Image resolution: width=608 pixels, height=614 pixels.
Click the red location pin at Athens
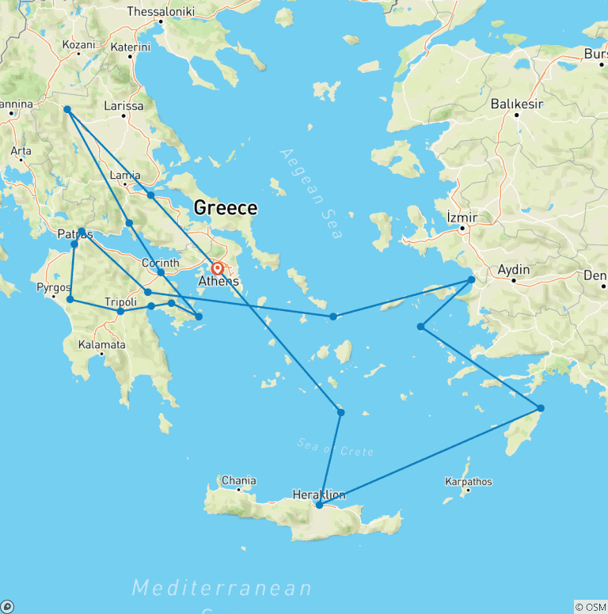(x=217, y=269)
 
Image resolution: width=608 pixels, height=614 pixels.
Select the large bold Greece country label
(x=226, y=208)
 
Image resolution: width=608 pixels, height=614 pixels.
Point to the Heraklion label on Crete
(x=318, y=495)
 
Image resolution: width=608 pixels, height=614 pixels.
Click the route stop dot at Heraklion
(x=319, y=505)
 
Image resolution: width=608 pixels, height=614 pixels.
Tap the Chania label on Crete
(x=238, y=480)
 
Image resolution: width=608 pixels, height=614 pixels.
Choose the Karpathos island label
(x=467, y=481)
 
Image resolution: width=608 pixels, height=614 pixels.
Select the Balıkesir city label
(x=515, y=104)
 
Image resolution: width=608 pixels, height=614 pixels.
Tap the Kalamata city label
(x=101, y=345)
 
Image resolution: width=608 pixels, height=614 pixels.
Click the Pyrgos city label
(x=54, y=288)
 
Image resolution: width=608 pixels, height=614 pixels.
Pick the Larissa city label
(x=124, y=106)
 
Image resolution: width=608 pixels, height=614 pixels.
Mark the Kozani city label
(x=78, y=45)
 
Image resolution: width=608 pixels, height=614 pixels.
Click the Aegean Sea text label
(x=311, y=193)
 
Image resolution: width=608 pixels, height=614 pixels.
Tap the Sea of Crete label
(x=335, y=447)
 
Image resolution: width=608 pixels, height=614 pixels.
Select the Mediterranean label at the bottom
(x=222, y=588)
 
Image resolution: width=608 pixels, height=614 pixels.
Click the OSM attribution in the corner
(x=591, y=607)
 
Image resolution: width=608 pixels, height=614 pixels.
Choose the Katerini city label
(x=130, y=47)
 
